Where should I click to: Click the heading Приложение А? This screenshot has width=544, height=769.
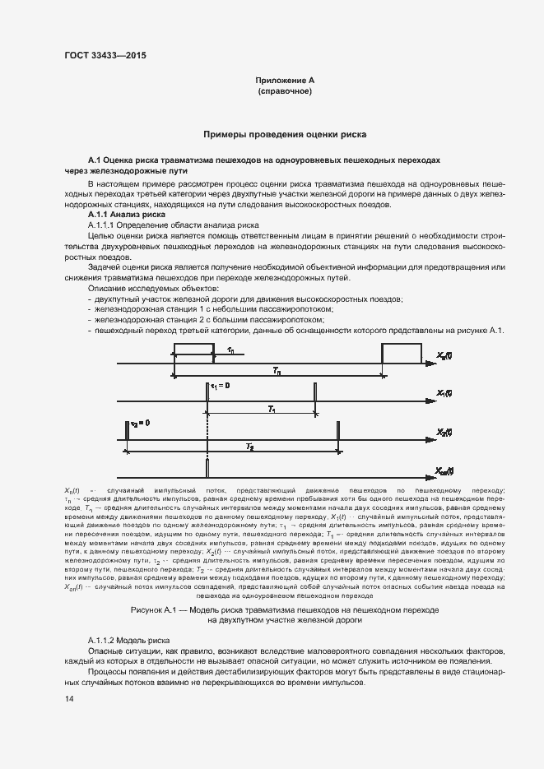pos(284,80)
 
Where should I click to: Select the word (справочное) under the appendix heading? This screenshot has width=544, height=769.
pos(284,91)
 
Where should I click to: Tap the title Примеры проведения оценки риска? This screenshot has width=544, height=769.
pos(284,133)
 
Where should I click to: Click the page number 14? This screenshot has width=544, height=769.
pos(68,699)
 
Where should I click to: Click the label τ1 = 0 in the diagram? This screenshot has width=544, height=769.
pos(221,385)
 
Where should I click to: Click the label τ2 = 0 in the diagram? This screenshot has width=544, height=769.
pos(140,423)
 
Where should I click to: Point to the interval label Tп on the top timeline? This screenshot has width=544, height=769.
pos(277,373)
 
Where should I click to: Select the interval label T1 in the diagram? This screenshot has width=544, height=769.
pos(272,409)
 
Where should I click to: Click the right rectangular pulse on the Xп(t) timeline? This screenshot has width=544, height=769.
pos(402,354)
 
